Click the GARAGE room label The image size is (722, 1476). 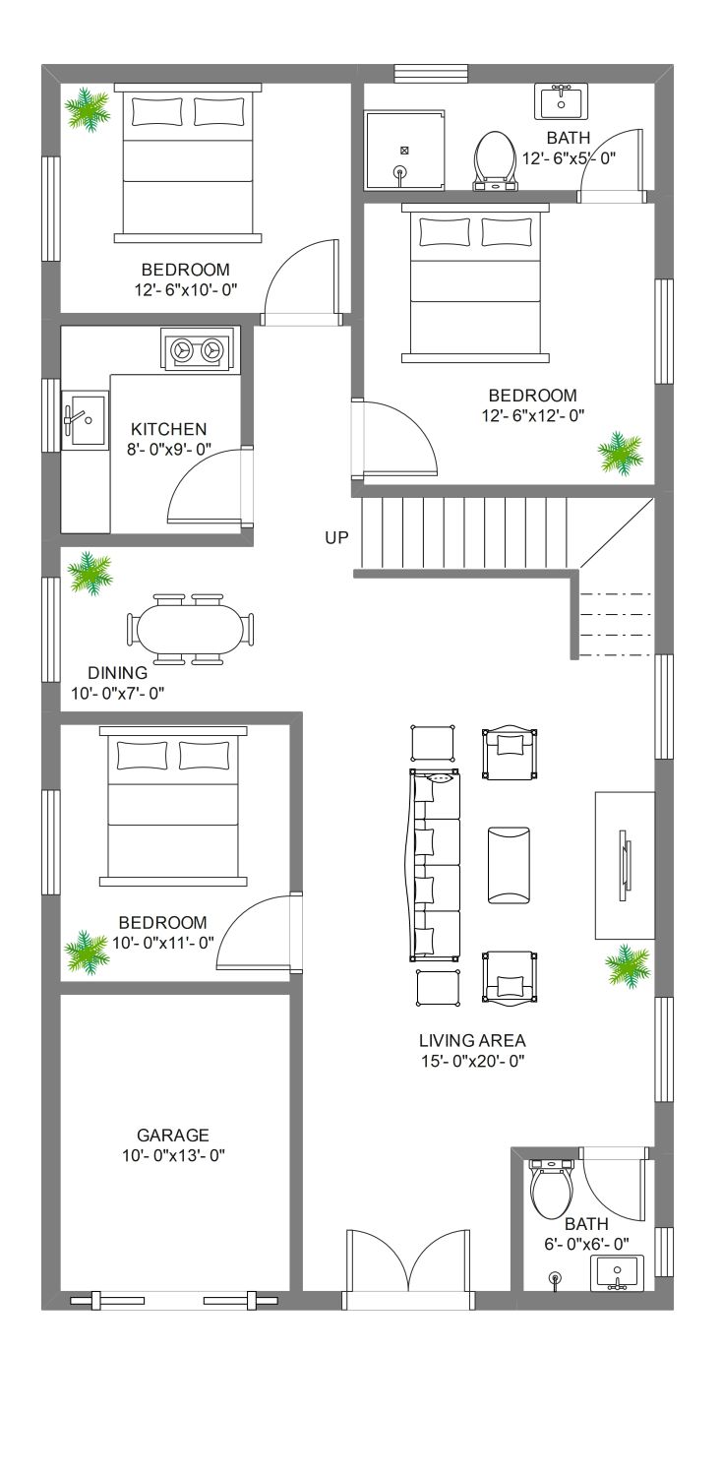(x=172, y=1135)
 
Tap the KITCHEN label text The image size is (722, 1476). (x=168, y=429)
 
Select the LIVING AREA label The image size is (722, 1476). (x=472, y=1040)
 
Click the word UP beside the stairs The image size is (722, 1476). (x=336, y=537)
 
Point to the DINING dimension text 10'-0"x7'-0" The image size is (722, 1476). (x=118, y=693)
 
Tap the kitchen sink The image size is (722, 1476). (x=85, y=420)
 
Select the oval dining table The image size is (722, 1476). (x=191, y=630)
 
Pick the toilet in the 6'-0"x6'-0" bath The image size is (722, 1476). (x=552, y=1189)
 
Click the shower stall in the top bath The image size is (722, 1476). (x=405, y=151)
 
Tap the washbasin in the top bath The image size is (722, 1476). (x=561, y=100)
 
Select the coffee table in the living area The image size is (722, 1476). (x=509, y=865)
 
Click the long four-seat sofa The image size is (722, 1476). (x=435, y=865)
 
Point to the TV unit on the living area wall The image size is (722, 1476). (x=626, y=865)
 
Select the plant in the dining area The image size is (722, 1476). (x=89, y=572)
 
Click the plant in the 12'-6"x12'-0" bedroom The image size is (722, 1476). (x=620, y=452)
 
